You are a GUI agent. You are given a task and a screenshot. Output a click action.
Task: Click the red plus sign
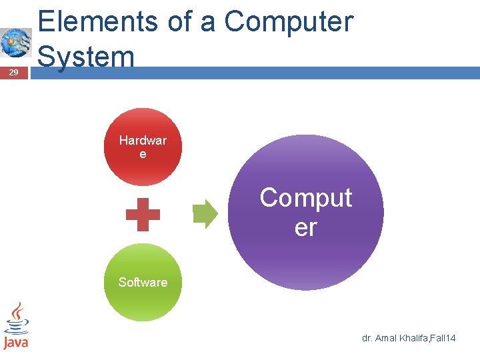point(143,215)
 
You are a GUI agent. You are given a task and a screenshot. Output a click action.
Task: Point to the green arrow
point(205,213)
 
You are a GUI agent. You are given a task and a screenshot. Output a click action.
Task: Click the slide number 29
point(15,73)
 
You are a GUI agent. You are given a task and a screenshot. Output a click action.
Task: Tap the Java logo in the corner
point(16,326)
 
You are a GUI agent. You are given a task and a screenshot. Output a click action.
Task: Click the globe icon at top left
point(15,43)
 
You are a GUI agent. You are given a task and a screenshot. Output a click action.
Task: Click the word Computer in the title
point(288,21)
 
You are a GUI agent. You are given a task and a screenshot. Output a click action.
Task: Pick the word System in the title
point(87,56)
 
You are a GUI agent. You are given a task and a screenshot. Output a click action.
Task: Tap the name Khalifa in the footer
point(414,339)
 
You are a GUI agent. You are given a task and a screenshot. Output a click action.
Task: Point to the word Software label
point(143,282)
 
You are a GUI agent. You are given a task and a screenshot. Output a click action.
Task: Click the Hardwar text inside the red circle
point(143,141)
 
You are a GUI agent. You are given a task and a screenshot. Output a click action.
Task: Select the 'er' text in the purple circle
point(305,227)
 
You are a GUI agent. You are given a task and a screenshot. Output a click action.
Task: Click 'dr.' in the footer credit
point(367,339)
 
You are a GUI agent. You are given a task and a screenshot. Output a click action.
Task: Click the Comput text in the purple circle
point(305,198)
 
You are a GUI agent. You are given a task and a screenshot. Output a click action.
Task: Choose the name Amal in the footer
point(385,339)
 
